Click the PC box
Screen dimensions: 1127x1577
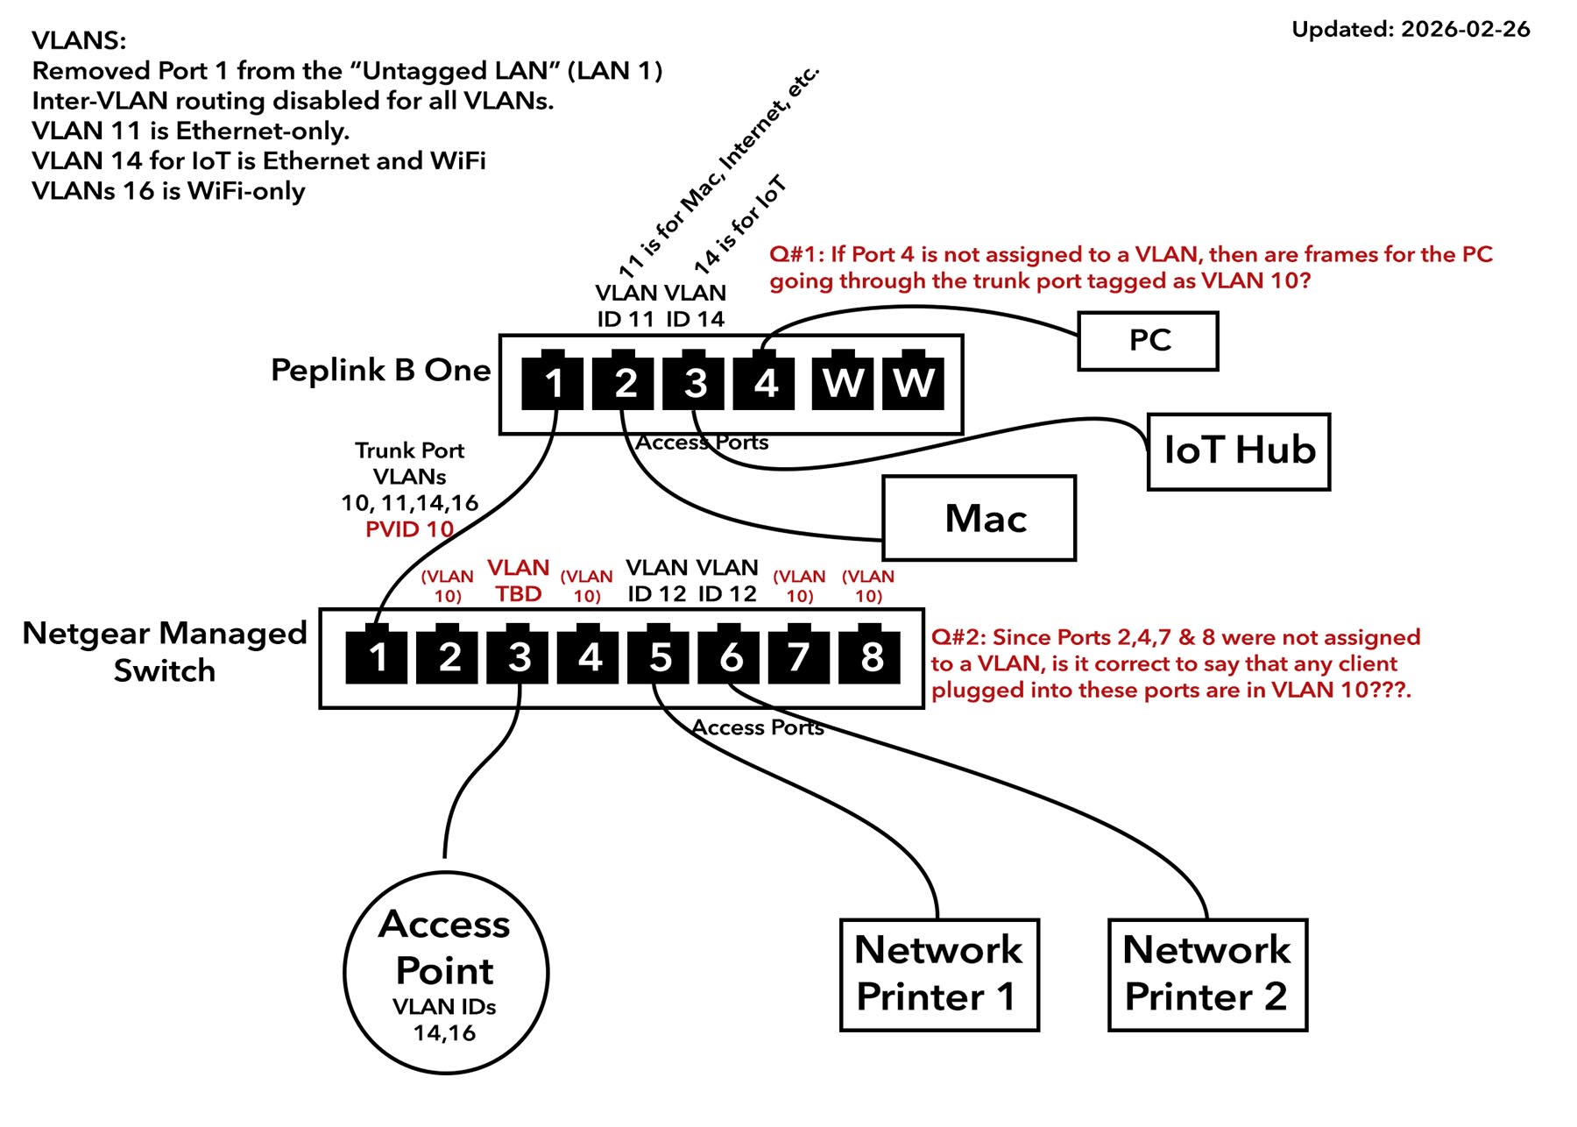(x=1148, y=341)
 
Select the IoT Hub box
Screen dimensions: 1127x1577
(x=1239, y=451)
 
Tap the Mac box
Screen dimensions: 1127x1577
(x=979, y=518)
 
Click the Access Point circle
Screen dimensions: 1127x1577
(x=446, y=973)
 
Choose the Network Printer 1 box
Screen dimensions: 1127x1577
(x=939, y=975)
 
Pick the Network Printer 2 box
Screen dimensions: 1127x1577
(x=1207, y=975)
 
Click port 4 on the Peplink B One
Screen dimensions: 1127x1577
(x=765, y=383)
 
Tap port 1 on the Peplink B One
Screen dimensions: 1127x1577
(x=553, y=383)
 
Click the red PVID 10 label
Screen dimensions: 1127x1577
(x=409, y=529)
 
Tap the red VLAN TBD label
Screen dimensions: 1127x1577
(x=519, y=580)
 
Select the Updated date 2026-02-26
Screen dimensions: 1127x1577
(x=1411, y=29)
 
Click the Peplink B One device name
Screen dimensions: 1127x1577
(x=380, y=370)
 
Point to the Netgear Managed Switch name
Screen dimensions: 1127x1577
(x=165, y=651)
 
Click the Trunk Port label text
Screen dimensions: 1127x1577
(x=409, y=450)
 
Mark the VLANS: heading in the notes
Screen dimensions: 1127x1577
(x=79, y=40)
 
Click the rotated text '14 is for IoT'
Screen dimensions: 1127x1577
(x=740, y=223)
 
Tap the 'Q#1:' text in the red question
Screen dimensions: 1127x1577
(x=796, y=254)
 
